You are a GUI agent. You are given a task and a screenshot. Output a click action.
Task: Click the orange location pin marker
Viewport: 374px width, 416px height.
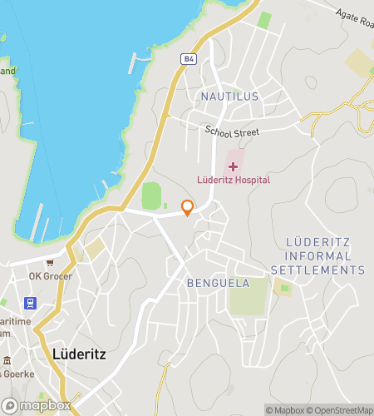point(187,207)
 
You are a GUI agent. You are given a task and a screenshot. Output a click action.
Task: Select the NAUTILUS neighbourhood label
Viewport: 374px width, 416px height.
point(229,97)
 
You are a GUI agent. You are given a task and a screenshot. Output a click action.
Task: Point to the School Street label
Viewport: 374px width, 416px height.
point(233,132)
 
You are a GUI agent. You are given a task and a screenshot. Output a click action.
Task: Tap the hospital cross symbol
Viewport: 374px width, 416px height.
point(233,166)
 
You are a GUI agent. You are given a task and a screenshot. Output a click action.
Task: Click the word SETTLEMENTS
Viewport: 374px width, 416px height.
point(317,270)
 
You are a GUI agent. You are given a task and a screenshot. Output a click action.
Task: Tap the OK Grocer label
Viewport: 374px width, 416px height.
point(51,276)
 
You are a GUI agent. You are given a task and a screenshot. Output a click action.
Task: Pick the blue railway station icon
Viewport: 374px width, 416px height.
point(31,302)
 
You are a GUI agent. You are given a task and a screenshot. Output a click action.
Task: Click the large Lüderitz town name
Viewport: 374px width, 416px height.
point(79,353)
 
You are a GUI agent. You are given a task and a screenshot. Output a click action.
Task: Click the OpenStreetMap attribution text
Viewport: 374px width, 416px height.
point(341,409)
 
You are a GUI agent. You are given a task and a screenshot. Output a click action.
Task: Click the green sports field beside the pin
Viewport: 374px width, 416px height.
point(150,196)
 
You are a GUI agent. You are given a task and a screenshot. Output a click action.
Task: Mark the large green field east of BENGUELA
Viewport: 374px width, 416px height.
point(249,296)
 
